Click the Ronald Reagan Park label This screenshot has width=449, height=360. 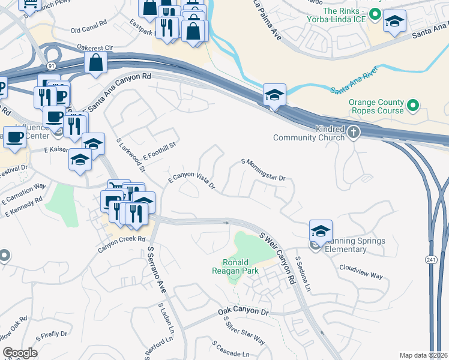coord(240,266)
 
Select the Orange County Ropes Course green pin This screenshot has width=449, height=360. coord(412,106)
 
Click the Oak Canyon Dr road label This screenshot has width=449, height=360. coord(243,312)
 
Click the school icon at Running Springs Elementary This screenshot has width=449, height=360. coord(321,231)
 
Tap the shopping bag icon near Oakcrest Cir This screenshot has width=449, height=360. coord(95,62)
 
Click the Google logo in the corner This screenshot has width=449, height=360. coord(20,353)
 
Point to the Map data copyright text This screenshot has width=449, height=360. coord(424,355)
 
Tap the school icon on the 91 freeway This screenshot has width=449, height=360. coord(274,95)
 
